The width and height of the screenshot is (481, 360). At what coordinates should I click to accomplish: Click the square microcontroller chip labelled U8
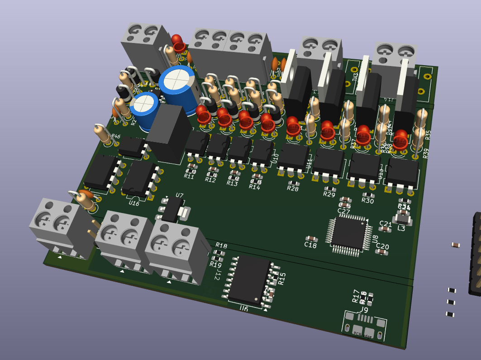tap(348, 234)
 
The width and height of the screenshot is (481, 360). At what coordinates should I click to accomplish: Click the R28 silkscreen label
tap(293, 189)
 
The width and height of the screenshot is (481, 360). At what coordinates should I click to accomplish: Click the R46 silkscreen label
tap(116, 137)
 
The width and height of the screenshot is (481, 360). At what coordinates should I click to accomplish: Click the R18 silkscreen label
tap(221, 246)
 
